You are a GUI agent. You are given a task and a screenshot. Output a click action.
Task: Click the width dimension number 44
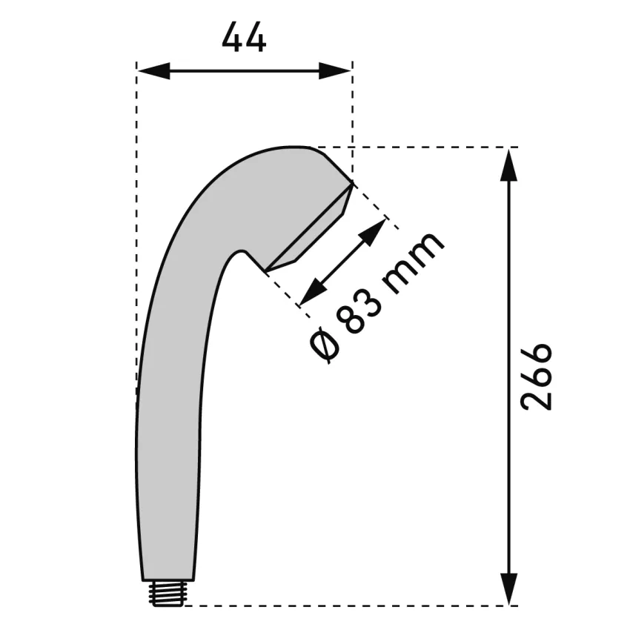[244, 37]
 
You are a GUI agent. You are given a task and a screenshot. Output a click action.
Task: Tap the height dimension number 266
[537, 377]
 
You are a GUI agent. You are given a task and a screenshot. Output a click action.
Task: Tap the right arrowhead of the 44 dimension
[335, 70]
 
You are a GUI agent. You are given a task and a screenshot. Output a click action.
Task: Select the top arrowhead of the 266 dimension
[508, 165]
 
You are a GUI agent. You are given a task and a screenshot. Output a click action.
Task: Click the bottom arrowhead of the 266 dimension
[508, 588]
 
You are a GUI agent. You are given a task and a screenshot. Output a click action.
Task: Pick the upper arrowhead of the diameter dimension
[374, 231]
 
